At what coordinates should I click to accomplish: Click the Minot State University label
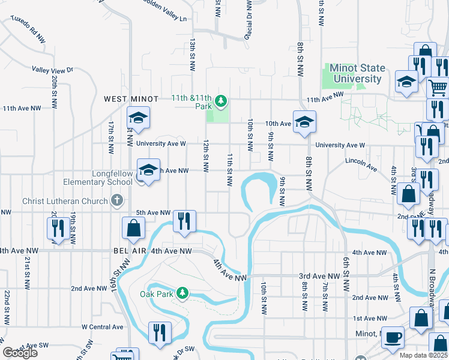(x=357, y=74)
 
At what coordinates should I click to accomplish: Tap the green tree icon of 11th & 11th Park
(x=221, y=100)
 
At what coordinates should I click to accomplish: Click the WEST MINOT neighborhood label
(x=131, y=99)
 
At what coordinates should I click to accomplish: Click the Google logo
(x=20, y=353)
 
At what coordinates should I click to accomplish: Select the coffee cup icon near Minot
(x=393, y=338)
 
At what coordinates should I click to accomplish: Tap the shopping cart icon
(x=438, y=88)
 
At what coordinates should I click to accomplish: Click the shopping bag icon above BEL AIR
(x=133, y=227)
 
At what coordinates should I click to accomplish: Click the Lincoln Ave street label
(x=361, y=161)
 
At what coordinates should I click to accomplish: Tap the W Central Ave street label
(x=102, y=327)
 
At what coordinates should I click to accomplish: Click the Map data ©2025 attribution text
(x=424, y=355)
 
